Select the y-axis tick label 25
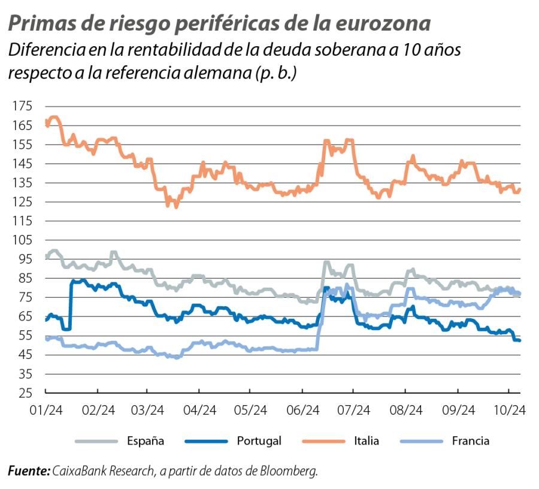24,394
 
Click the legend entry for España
146,441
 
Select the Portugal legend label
259,441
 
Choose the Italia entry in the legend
366,441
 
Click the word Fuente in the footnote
28,472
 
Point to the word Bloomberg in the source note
291,472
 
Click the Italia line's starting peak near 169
53,117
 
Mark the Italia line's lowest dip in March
175,206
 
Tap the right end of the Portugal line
519,340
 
